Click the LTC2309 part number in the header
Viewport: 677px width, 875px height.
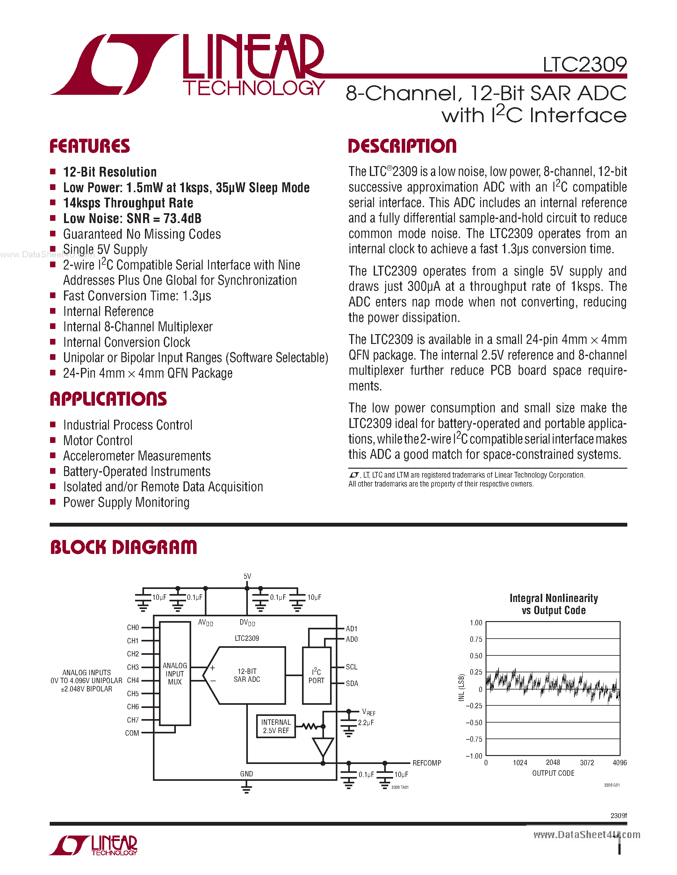click(584, 65)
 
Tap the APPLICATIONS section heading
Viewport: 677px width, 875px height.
click(108, 399)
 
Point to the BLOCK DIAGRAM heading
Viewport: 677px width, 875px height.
click(124, 547)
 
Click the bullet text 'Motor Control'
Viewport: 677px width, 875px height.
click(98, 441)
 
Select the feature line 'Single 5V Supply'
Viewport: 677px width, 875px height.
click(105, 249)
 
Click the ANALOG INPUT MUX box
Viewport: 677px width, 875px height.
click(175, 674)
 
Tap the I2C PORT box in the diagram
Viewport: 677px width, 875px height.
click(316, 675)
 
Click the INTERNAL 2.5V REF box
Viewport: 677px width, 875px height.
click(276, 726)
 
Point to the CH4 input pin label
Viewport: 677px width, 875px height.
click(133, 680)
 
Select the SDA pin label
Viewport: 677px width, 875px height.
click(352, 683)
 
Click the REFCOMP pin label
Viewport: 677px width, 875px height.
click(426, 763)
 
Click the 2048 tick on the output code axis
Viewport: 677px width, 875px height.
click(553, 762)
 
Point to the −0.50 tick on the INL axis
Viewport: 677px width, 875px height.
click(474, 722)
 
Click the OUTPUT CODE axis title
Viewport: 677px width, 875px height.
click(553, 773)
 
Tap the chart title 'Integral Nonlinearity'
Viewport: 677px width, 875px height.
click(553, 598)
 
